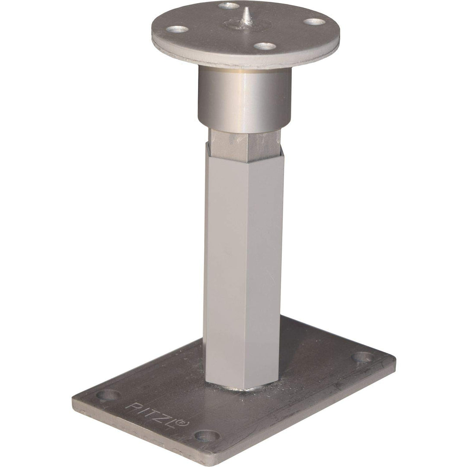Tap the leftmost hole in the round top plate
point(178,30)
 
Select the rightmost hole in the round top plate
point(313,21)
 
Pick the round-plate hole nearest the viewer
point(264,46)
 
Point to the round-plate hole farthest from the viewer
point(229,6)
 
